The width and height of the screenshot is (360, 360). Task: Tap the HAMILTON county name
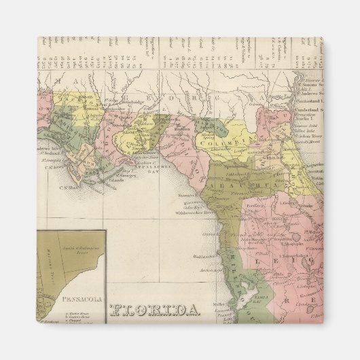(213, 126)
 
